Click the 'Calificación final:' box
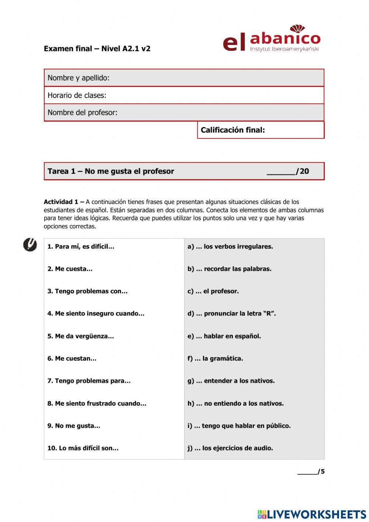point(261,130)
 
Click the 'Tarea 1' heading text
point(111,171)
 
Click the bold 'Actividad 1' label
point(61,202)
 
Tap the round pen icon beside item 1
point(30,245)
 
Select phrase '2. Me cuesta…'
point(70,269)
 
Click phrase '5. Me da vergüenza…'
point(80,336)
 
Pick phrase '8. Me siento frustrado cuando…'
point(97,403)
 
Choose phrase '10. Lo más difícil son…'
point(83,448)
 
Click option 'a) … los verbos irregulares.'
point(230,246)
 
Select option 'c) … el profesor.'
point(213,291)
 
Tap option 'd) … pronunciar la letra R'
point(231,314)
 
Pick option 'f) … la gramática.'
point(215,358)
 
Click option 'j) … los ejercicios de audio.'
point(230,448)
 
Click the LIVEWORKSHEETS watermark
point(312,514)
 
